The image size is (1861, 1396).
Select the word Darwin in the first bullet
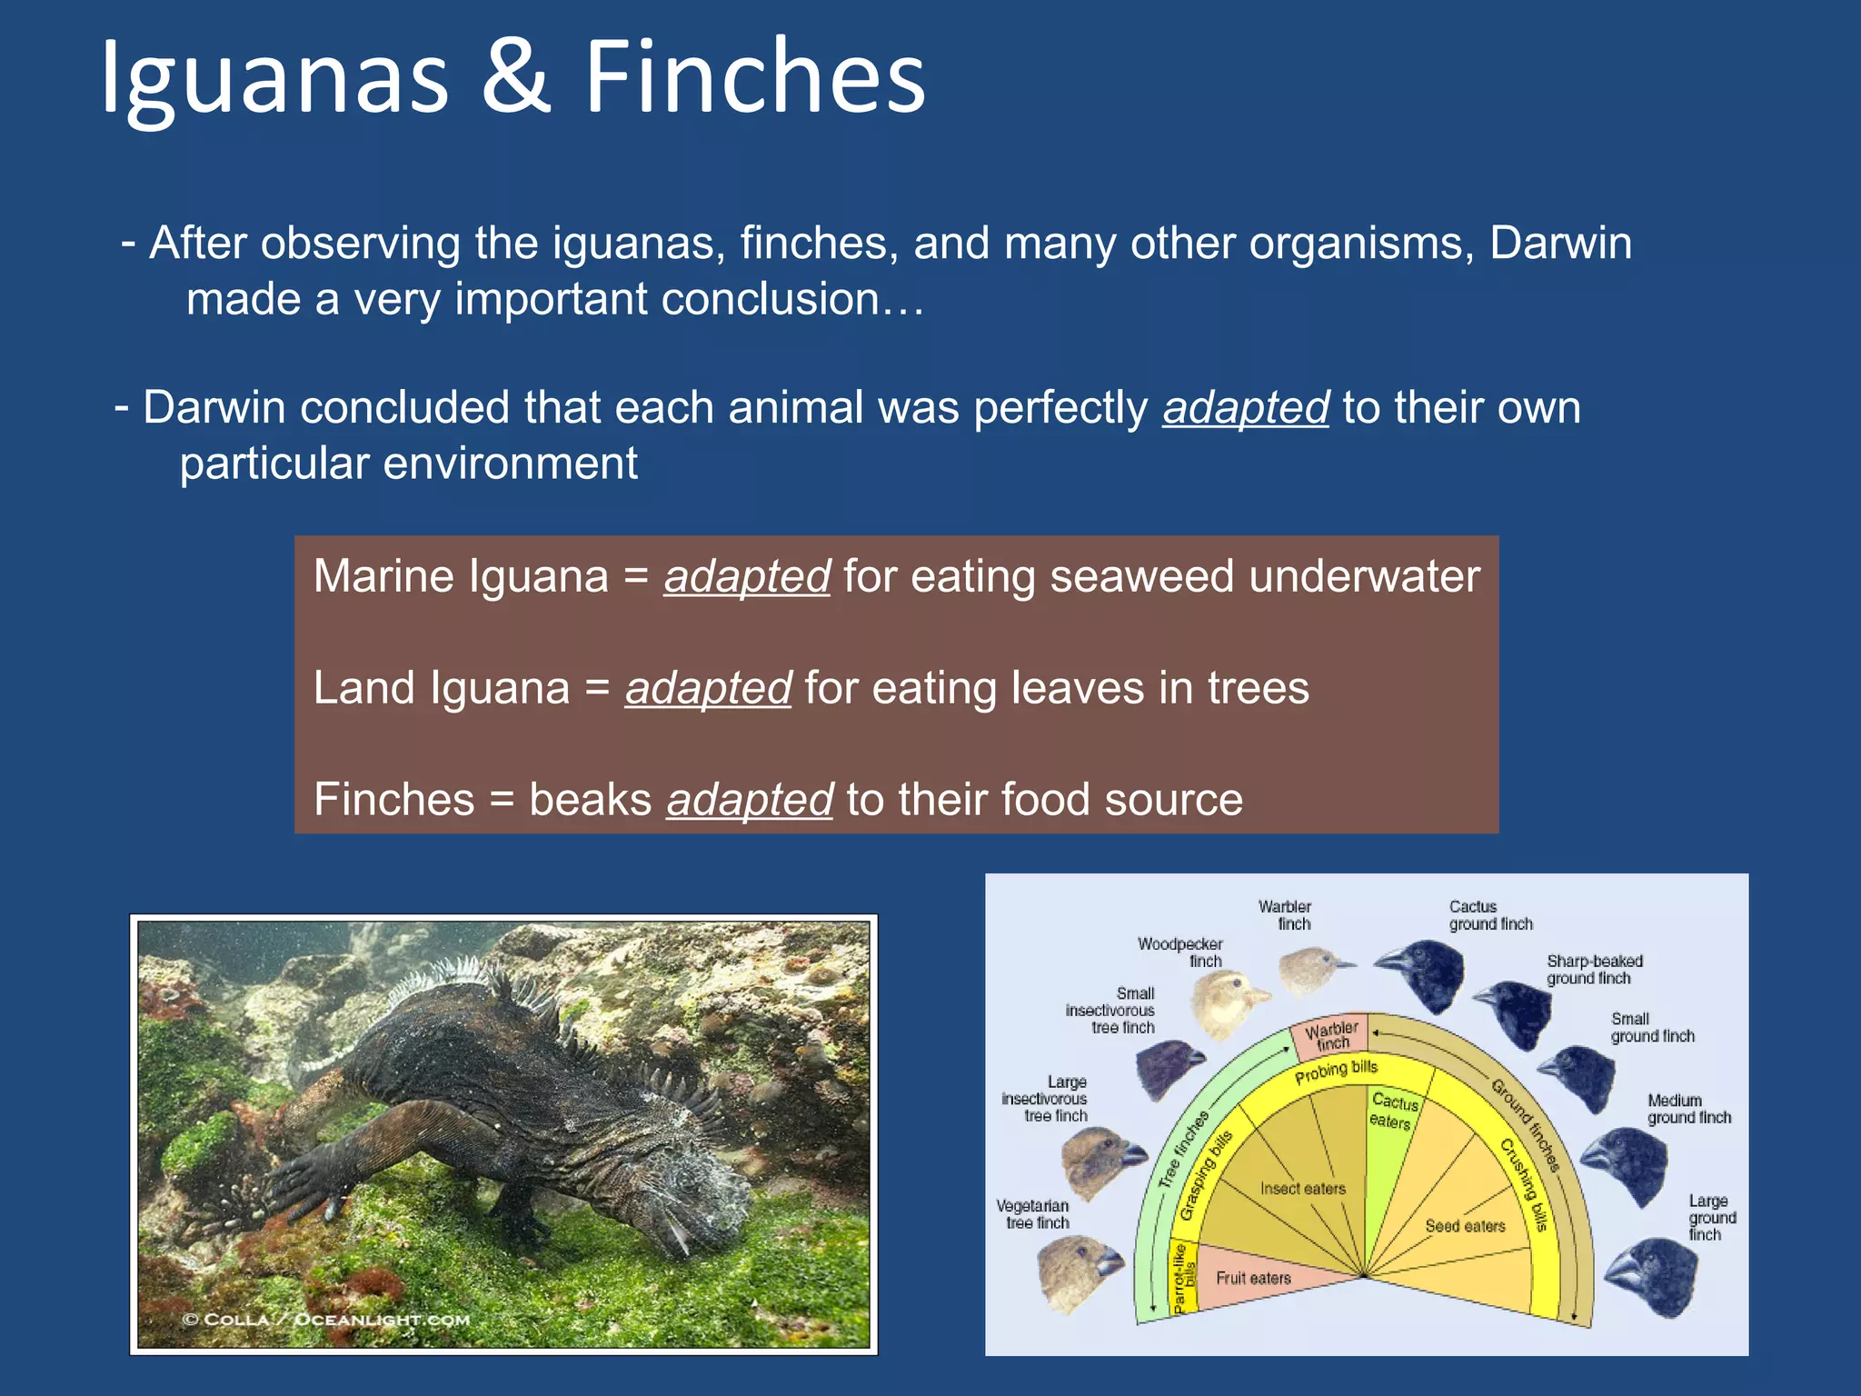coord(1560,244)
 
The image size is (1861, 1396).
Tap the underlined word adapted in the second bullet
coord(1245,407)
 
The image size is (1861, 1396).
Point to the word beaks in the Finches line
coord(590,800)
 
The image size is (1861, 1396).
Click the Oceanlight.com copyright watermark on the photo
coord(326,1320)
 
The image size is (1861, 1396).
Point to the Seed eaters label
coord(1465,1226)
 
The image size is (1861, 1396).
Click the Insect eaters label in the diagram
coord(1302,1189)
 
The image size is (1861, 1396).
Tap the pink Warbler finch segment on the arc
coord(1331,1036)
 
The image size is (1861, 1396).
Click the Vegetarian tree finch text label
coord(1034,1214)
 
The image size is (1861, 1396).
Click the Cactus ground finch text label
coord(1489,915)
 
